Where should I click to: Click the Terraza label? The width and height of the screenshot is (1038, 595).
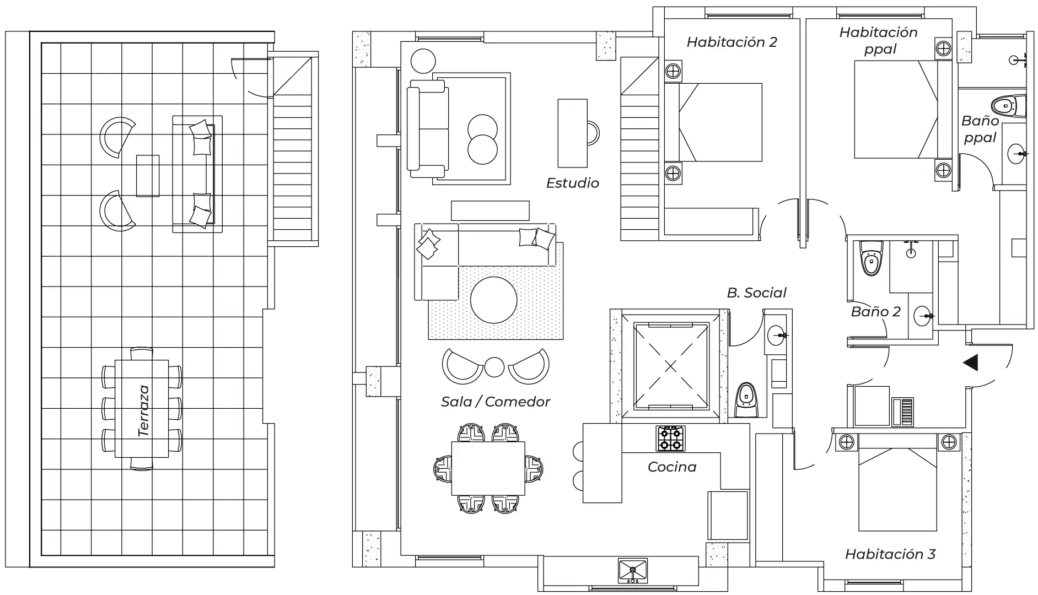click(144, 412)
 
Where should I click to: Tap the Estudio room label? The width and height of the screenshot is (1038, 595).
click(572, 183)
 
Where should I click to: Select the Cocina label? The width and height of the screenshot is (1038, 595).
click(671, 467)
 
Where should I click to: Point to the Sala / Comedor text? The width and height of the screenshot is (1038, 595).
click(495, 402)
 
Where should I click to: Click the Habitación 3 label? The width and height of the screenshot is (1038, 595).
click(890, 554)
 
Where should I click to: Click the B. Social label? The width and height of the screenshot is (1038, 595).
click(756, 293)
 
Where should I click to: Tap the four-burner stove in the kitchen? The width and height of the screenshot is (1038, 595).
click(670, 439)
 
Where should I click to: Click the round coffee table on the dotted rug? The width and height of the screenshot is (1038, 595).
click(493, 300)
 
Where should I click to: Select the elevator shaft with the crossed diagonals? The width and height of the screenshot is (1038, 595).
click(670, 366)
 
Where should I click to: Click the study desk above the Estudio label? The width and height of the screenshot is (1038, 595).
click(572, 133)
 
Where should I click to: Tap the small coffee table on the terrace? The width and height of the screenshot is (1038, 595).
click(148, 175)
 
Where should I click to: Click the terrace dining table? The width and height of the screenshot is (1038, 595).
click(142, 408)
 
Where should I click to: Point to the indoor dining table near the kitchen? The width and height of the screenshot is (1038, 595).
click(488, 468)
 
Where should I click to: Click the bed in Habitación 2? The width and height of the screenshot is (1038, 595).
click(717, 122)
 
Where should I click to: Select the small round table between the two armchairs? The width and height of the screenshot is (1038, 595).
click(494, 367)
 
